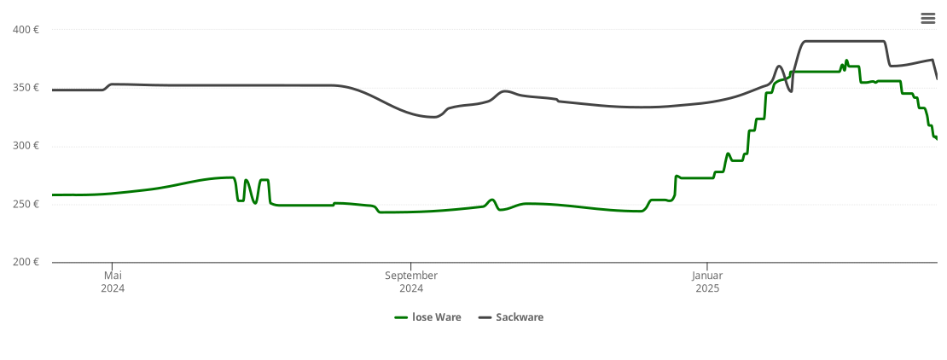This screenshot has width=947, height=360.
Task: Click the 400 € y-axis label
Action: [x=26, y=30]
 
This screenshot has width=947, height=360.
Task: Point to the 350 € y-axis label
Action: [x=26, y=88]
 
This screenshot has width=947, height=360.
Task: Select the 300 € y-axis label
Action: [x=26, y=146]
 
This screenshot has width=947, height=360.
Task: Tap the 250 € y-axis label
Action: [x=26, y=204]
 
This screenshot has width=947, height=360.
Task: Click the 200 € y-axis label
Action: [x=26, y=262]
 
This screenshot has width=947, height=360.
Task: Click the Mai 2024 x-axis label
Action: [x=113, y=282]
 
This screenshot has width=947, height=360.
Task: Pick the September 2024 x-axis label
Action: [x=411, y=282]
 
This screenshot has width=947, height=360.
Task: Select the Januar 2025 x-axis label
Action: [x=707, y=282]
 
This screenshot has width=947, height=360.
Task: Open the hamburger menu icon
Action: [x=928, y=19]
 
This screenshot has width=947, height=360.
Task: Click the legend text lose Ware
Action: [x=436, y=317]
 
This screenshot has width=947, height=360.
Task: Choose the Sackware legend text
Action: [x=520, y=317]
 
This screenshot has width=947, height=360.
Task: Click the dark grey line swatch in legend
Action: [x=485, y=317]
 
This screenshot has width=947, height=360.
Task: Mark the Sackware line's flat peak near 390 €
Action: [x=843, y=41]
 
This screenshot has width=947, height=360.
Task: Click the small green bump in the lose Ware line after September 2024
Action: [x=491, y=200]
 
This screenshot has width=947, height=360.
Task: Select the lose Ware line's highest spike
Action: [x=846, y=61]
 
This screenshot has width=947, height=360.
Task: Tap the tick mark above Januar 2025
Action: [x=707, y=266]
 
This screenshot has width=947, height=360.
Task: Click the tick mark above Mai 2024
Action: [x=113, y=266]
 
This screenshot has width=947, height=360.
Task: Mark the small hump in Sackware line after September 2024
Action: [x=505, y=91]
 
